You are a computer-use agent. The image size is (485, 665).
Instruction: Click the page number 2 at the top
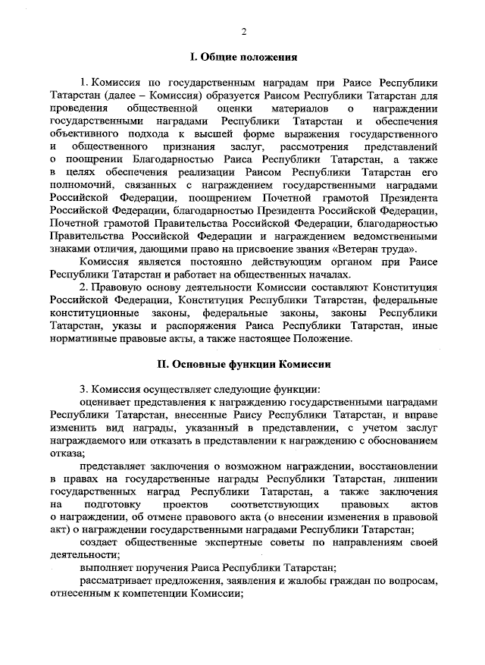243,31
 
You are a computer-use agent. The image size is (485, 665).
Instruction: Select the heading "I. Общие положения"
243,57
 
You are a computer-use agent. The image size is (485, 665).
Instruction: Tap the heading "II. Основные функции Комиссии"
242,364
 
